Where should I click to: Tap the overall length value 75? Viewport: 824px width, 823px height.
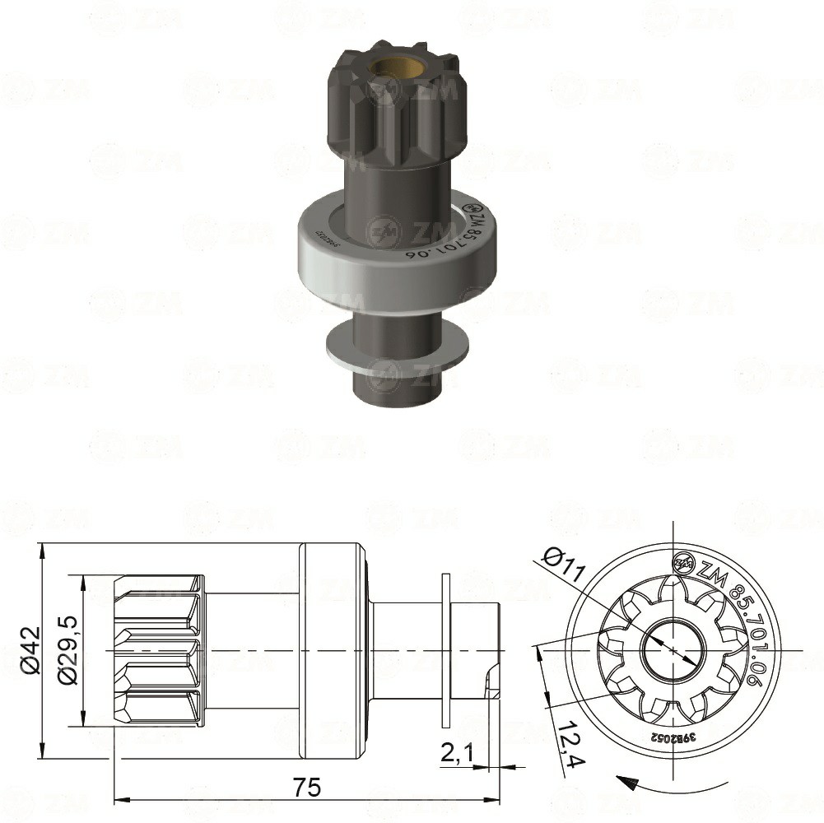[307, 787]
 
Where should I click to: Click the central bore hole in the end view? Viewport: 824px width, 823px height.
[673, 649]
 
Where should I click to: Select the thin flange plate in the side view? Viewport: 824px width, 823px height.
[446, 650]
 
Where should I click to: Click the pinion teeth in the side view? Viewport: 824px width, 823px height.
[159, 650]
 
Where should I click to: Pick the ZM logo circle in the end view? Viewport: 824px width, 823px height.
[683, 564]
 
